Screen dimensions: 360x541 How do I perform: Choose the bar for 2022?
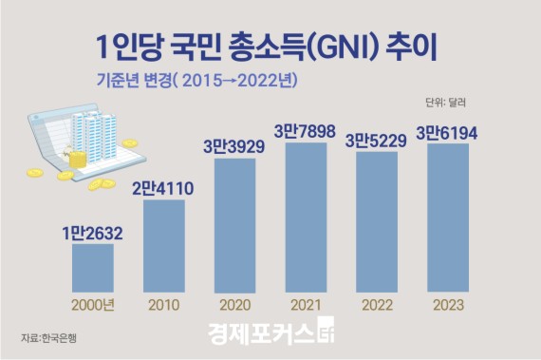pyautogui.click(x=375, y=221)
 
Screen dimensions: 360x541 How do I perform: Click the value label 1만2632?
pyautogui.click(x=93, y=233)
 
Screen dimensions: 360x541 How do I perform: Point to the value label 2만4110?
pyautogui.click(x=163, y=188)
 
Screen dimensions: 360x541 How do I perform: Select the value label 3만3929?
pyautogui.click(x=233, y=147)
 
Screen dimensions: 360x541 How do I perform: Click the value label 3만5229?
pyautogui.click(x=375, y=140)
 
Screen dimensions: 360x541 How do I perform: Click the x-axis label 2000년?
pyautogui.click(x=93, y=306)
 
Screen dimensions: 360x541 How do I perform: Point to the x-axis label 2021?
pyautogui.click(x=305, y=306)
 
